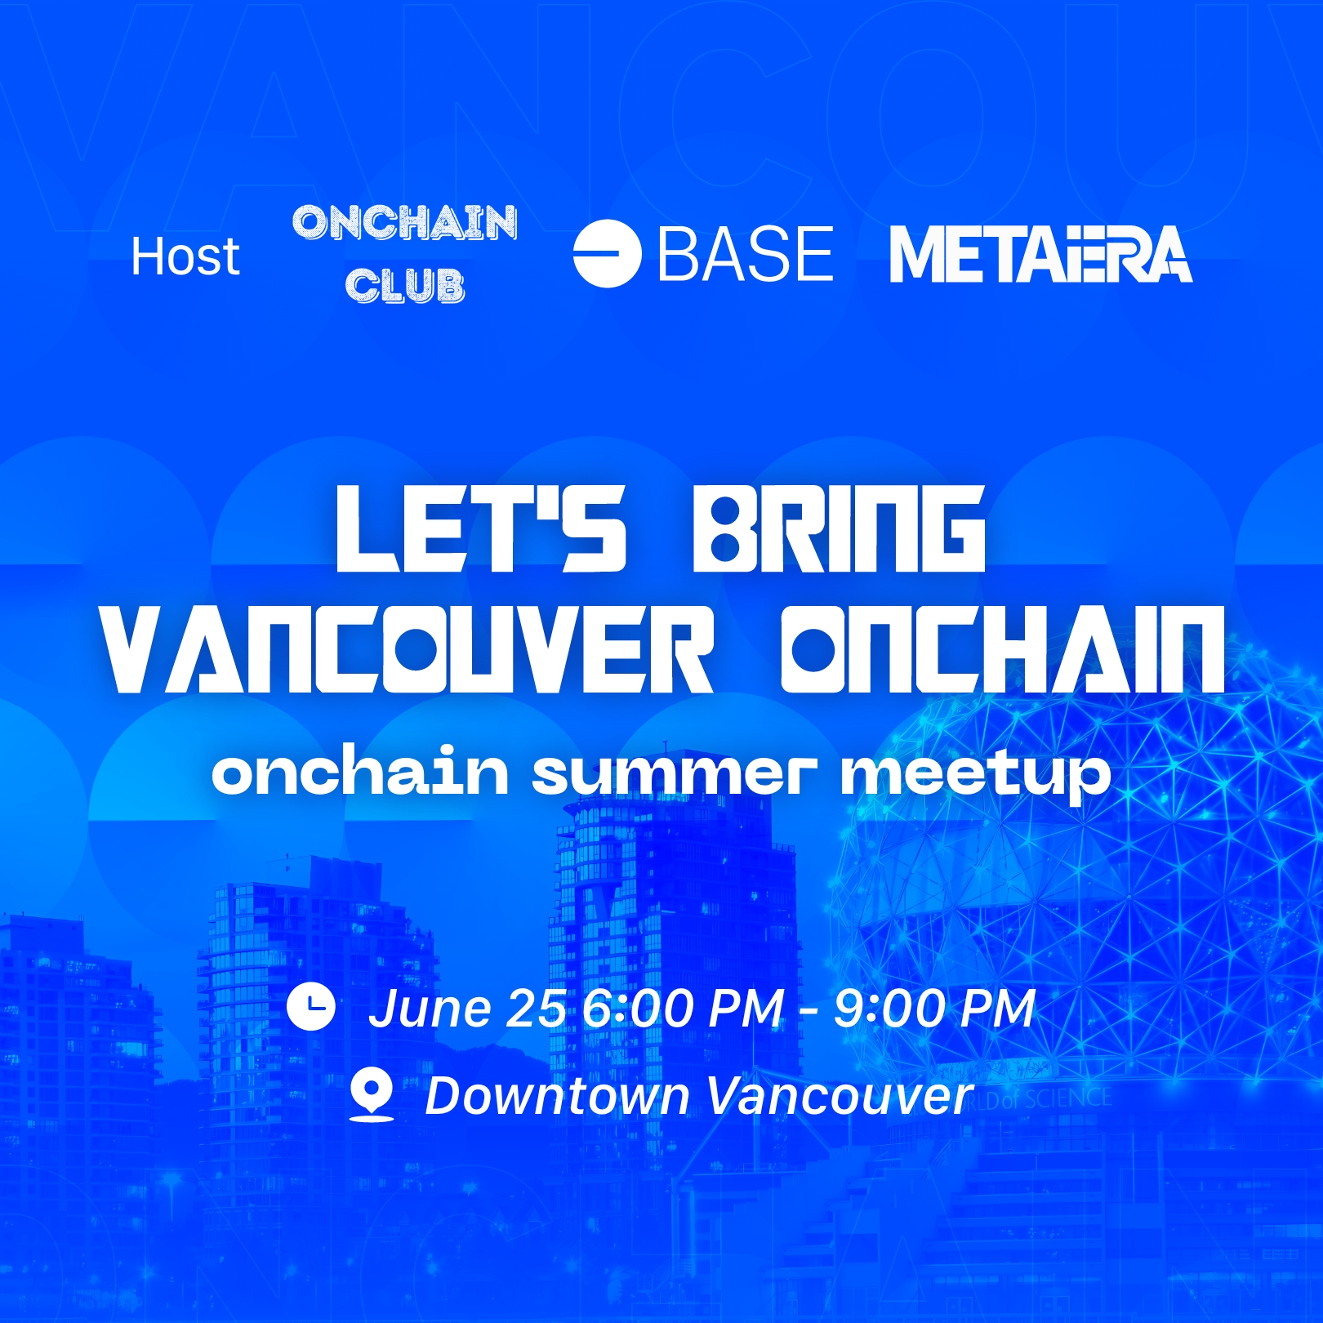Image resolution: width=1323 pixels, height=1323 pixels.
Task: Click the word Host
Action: pos(185,256)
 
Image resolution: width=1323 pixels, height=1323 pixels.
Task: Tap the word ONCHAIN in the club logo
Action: pos(405,222)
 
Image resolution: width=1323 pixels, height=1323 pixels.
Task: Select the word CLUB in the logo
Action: pos(405,286)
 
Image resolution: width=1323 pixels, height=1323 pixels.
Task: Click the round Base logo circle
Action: pos(607,254)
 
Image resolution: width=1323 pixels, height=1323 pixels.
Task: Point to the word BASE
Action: pos(746,255)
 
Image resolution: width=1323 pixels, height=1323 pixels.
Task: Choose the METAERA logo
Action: pos(1040,255)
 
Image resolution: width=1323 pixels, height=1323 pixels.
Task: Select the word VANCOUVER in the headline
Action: pos(408,650)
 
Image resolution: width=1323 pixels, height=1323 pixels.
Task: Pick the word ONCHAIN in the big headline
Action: pos(1003,650)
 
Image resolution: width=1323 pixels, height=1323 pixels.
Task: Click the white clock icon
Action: pos(311,1007)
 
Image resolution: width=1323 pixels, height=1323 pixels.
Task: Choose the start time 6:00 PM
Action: pos(684,1009)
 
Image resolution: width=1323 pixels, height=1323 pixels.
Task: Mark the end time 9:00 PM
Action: pos(934,1009)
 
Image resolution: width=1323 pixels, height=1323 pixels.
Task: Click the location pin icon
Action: pos(372,1094)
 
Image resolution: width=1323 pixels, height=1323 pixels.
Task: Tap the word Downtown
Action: pos(558,1095)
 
